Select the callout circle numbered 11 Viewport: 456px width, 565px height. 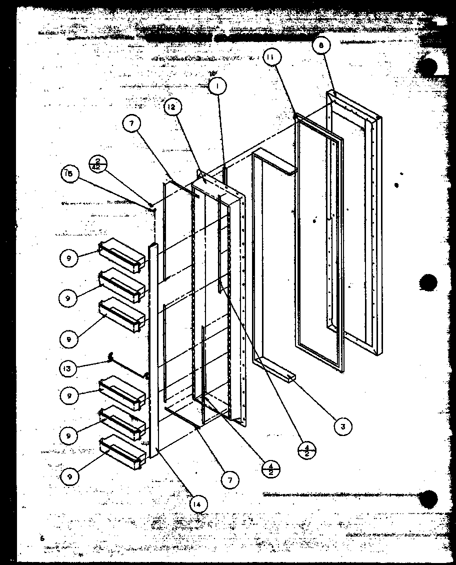tap(270, 57)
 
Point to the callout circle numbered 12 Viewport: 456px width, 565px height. tap(172, 106)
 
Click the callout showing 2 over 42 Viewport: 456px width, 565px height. tap(96, 163)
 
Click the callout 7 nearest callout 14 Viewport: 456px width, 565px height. tap(229, 479)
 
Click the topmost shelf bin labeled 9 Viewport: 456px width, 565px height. tap(122, 256)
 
